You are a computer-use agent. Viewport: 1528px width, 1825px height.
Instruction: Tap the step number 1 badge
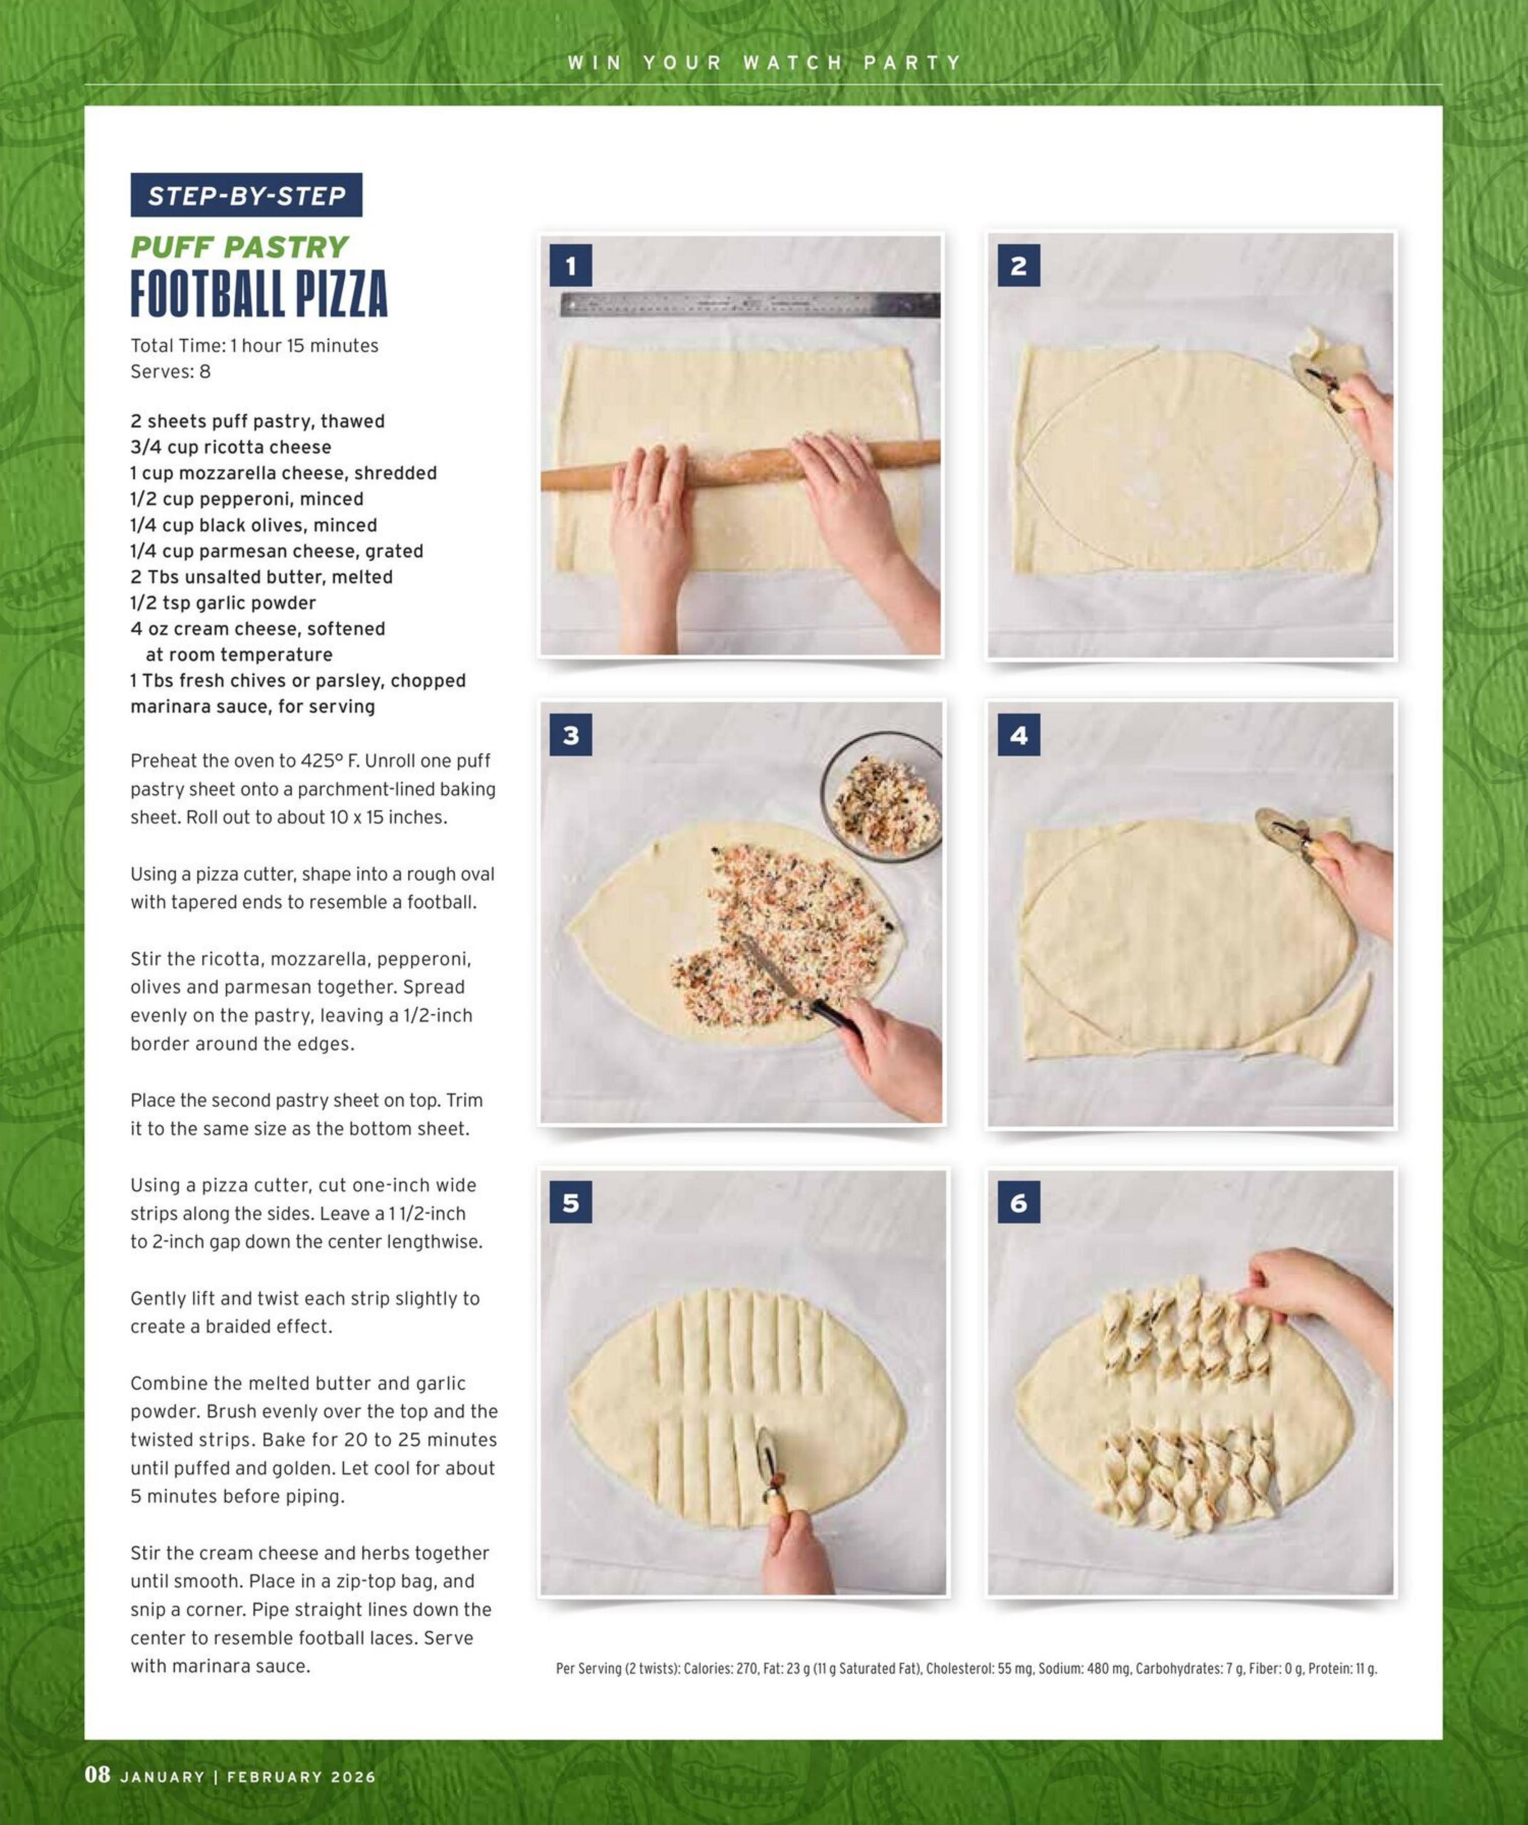570,266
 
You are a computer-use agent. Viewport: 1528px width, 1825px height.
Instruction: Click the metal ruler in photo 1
749,305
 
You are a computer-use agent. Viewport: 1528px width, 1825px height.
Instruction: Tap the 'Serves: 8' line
171,372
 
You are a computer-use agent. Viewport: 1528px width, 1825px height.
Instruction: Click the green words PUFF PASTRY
239,248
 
